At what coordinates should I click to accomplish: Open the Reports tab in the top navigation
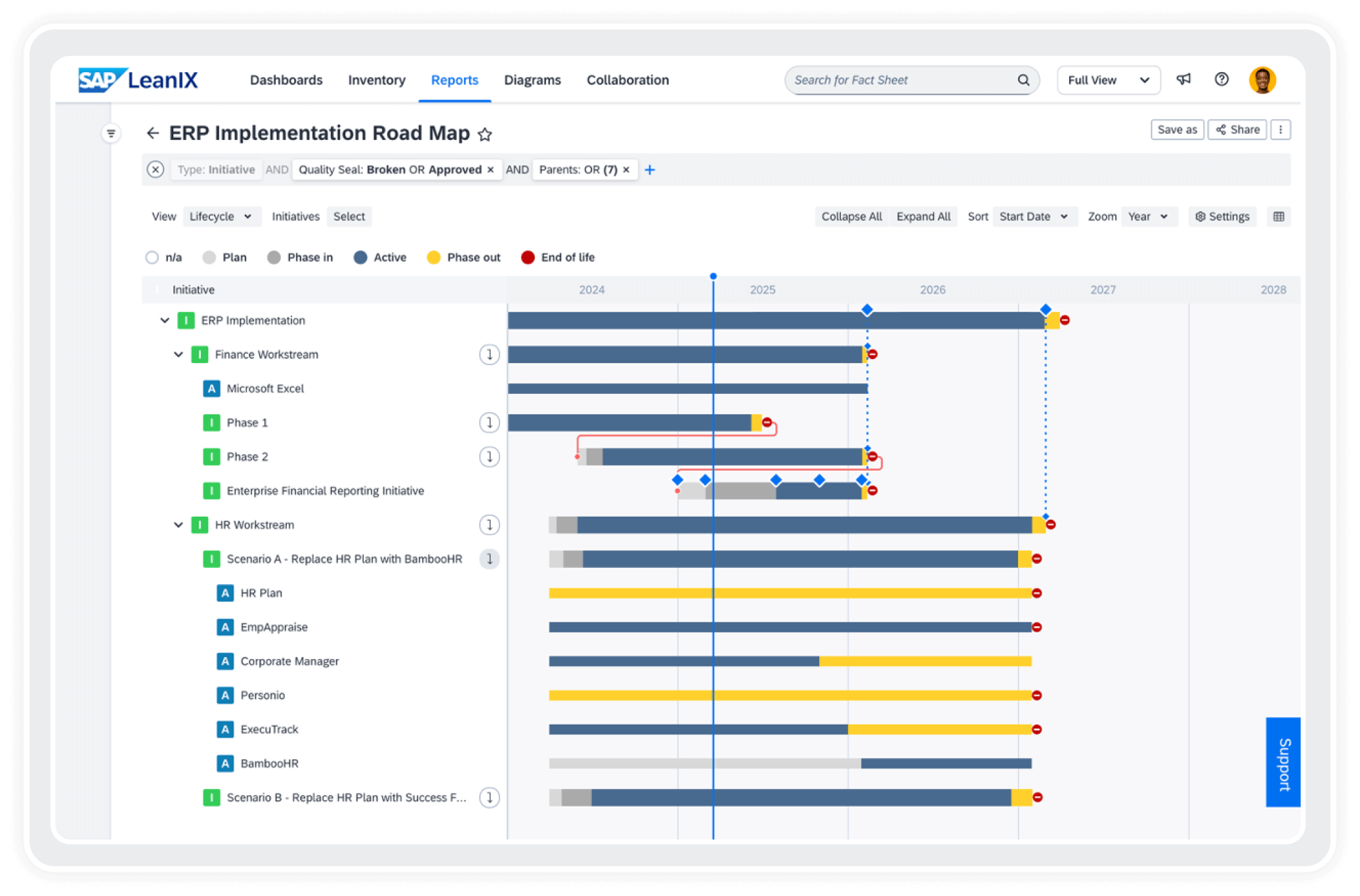coord(454,80)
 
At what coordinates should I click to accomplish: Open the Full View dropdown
coord(1108,80)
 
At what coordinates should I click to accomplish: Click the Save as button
coord(1177,130)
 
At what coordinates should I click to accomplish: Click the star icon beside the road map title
coord(485,135)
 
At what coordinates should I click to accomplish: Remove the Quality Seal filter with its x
coord(490,170)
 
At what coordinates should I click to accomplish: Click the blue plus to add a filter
coord(650,170)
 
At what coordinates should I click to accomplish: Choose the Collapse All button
coord(851,217)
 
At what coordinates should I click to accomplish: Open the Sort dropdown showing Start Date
coord(1034,217)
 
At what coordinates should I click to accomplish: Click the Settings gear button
coord(1222,217)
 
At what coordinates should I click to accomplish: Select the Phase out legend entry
coord(464,257)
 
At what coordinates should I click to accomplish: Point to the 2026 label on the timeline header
coord(932,289)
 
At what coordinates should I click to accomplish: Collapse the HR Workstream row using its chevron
coord(179,525)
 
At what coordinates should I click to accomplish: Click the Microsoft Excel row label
coord(265,389)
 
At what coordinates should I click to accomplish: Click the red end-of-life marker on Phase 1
coord(767,422)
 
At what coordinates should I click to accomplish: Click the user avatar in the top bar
coord(1262,80)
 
